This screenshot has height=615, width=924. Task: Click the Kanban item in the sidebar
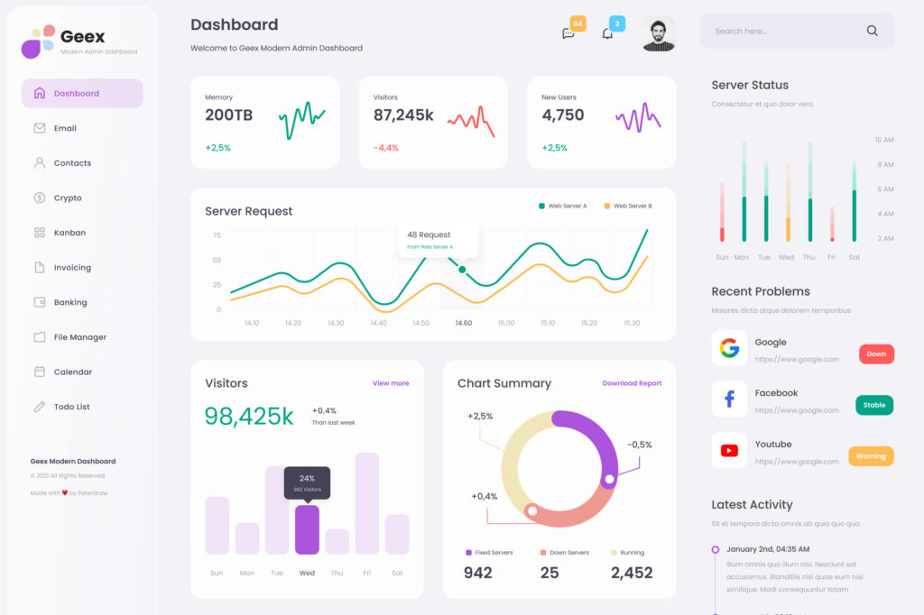point(69,233)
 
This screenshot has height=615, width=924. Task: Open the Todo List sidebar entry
point(70,407)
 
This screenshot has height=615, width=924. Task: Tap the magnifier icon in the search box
point(872,31)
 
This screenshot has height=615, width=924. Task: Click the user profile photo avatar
point(659,34)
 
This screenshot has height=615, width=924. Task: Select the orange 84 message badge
point(577,23)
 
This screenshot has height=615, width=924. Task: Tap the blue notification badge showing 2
point(616,23)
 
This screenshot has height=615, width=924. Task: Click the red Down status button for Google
point(875,354)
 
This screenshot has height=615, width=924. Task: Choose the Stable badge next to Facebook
point(873,405)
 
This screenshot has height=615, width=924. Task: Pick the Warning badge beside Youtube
point(870,456)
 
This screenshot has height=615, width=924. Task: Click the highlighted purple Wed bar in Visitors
point(307,529)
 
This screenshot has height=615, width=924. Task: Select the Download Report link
point(632,383)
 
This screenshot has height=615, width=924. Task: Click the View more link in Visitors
point(391,383)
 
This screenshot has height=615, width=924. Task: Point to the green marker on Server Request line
point(462,270)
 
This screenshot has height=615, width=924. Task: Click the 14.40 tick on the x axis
point(378,323)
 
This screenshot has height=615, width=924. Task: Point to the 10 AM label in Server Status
point(883,140)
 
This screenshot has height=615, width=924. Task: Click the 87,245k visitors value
point(403,115)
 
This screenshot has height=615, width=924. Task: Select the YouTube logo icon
point(729,451)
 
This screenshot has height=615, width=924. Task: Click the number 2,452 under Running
point(631,573)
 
